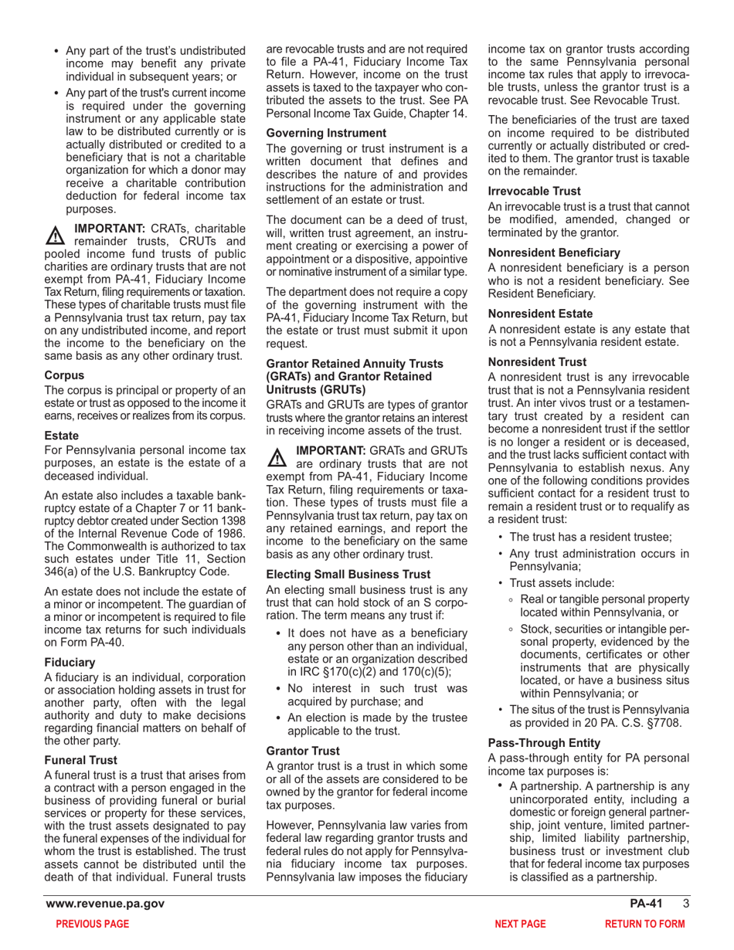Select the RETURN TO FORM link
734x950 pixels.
tap(644, 924)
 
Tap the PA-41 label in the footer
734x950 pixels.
tap(645, 904)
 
